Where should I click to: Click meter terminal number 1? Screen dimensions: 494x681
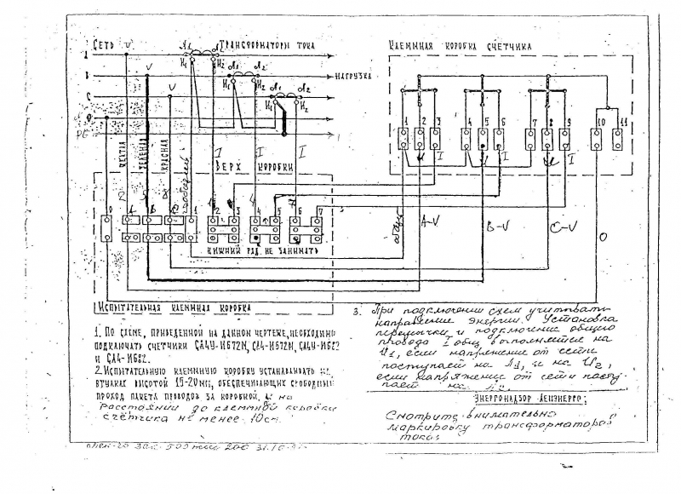(x=408, y=121)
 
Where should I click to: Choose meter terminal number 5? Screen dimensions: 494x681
(x=484, y=121)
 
